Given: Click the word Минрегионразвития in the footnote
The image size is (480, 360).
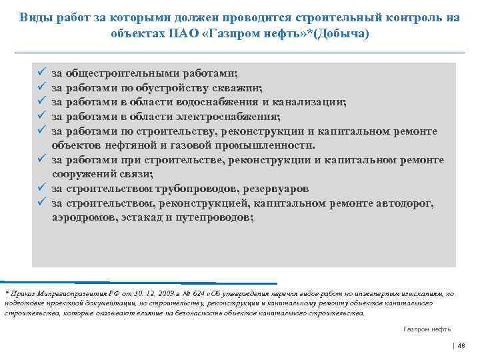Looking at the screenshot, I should [x=65, y=294].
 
